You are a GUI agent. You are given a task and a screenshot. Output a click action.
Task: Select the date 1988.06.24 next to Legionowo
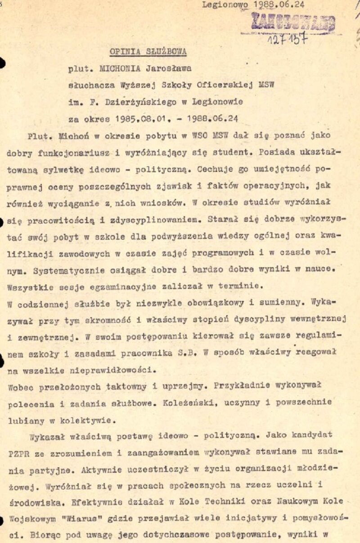(x=279, y=5)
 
